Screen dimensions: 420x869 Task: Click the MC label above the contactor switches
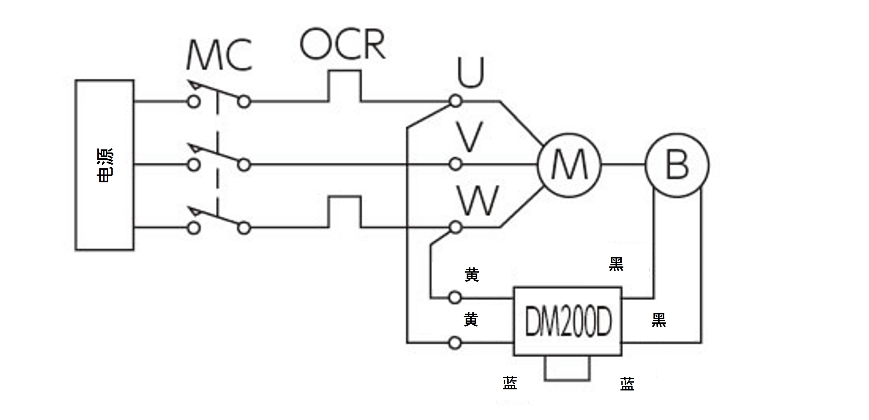(219, 55)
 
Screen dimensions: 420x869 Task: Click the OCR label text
(343, 44)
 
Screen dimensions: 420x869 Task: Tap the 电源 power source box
(105, 165)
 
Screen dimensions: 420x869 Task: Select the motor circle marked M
(570, 165)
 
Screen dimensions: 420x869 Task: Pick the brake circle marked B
(677, 165)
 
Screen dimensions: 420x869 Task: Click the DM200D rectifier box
(568, 321)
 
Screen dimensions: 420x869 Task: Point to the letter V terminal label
(470, 137)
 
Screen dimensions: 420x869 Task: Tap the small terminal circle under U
(456, 101)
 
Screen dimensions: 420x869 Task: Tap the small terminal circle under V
(456, 164)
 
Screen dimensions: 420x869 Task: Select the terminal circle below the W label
(456, 228)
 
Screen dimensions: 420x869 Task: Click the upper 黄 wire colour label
(472, 274)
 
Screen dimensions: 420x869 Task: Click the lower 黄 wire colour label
(471, 319)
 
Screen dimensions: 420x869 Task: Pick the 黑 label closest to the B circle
(616, 264)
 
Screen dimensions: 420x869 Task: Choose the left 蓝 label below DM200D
(510, 383)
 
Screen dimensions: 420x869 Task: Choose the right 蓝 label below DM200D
(627, 384)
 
